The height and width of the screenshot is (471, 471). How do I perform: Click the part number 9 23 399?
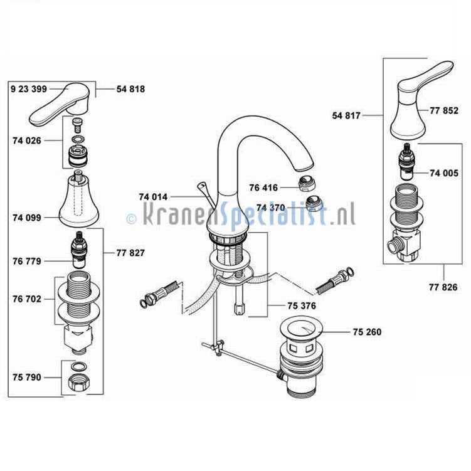29,89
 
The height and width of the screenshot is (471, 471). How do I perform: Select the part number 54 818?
130,89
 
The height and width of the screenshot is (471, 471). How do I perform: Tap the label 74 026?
27,140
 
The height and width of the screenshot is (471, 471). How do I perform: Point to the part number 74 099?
27,218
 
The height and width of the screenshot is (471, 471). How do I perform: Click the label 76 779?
27,261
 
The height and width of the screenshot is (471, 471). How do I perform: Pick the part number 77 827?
130,253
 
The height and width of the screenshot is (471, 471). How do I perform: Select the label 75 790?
27,377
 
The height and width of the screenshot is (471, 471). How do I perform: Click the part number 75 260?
367,332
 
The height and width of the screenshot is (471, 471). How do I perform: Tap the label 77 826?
443,287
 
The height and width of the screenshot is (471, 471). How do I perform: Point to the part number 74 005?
444,173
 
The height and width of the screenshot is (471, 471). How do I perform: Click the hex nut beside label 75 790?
79,383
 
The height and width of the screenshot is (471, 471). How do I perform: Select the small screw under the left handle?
78,125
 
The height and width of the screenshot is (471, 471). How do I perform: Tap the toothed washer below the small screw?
78,139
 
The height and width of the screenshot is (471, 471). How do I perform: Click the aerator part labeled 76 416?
307,183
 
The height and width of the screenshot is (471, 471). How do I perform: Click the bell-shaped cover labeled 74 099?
78,201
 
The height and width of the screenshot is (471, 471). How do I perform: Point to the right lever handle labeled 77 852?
419,99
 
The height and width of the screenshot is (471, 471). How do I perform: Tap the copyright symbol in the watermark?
131,218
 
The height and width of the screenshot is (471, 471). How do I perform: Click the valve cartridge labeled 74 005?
407,162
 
